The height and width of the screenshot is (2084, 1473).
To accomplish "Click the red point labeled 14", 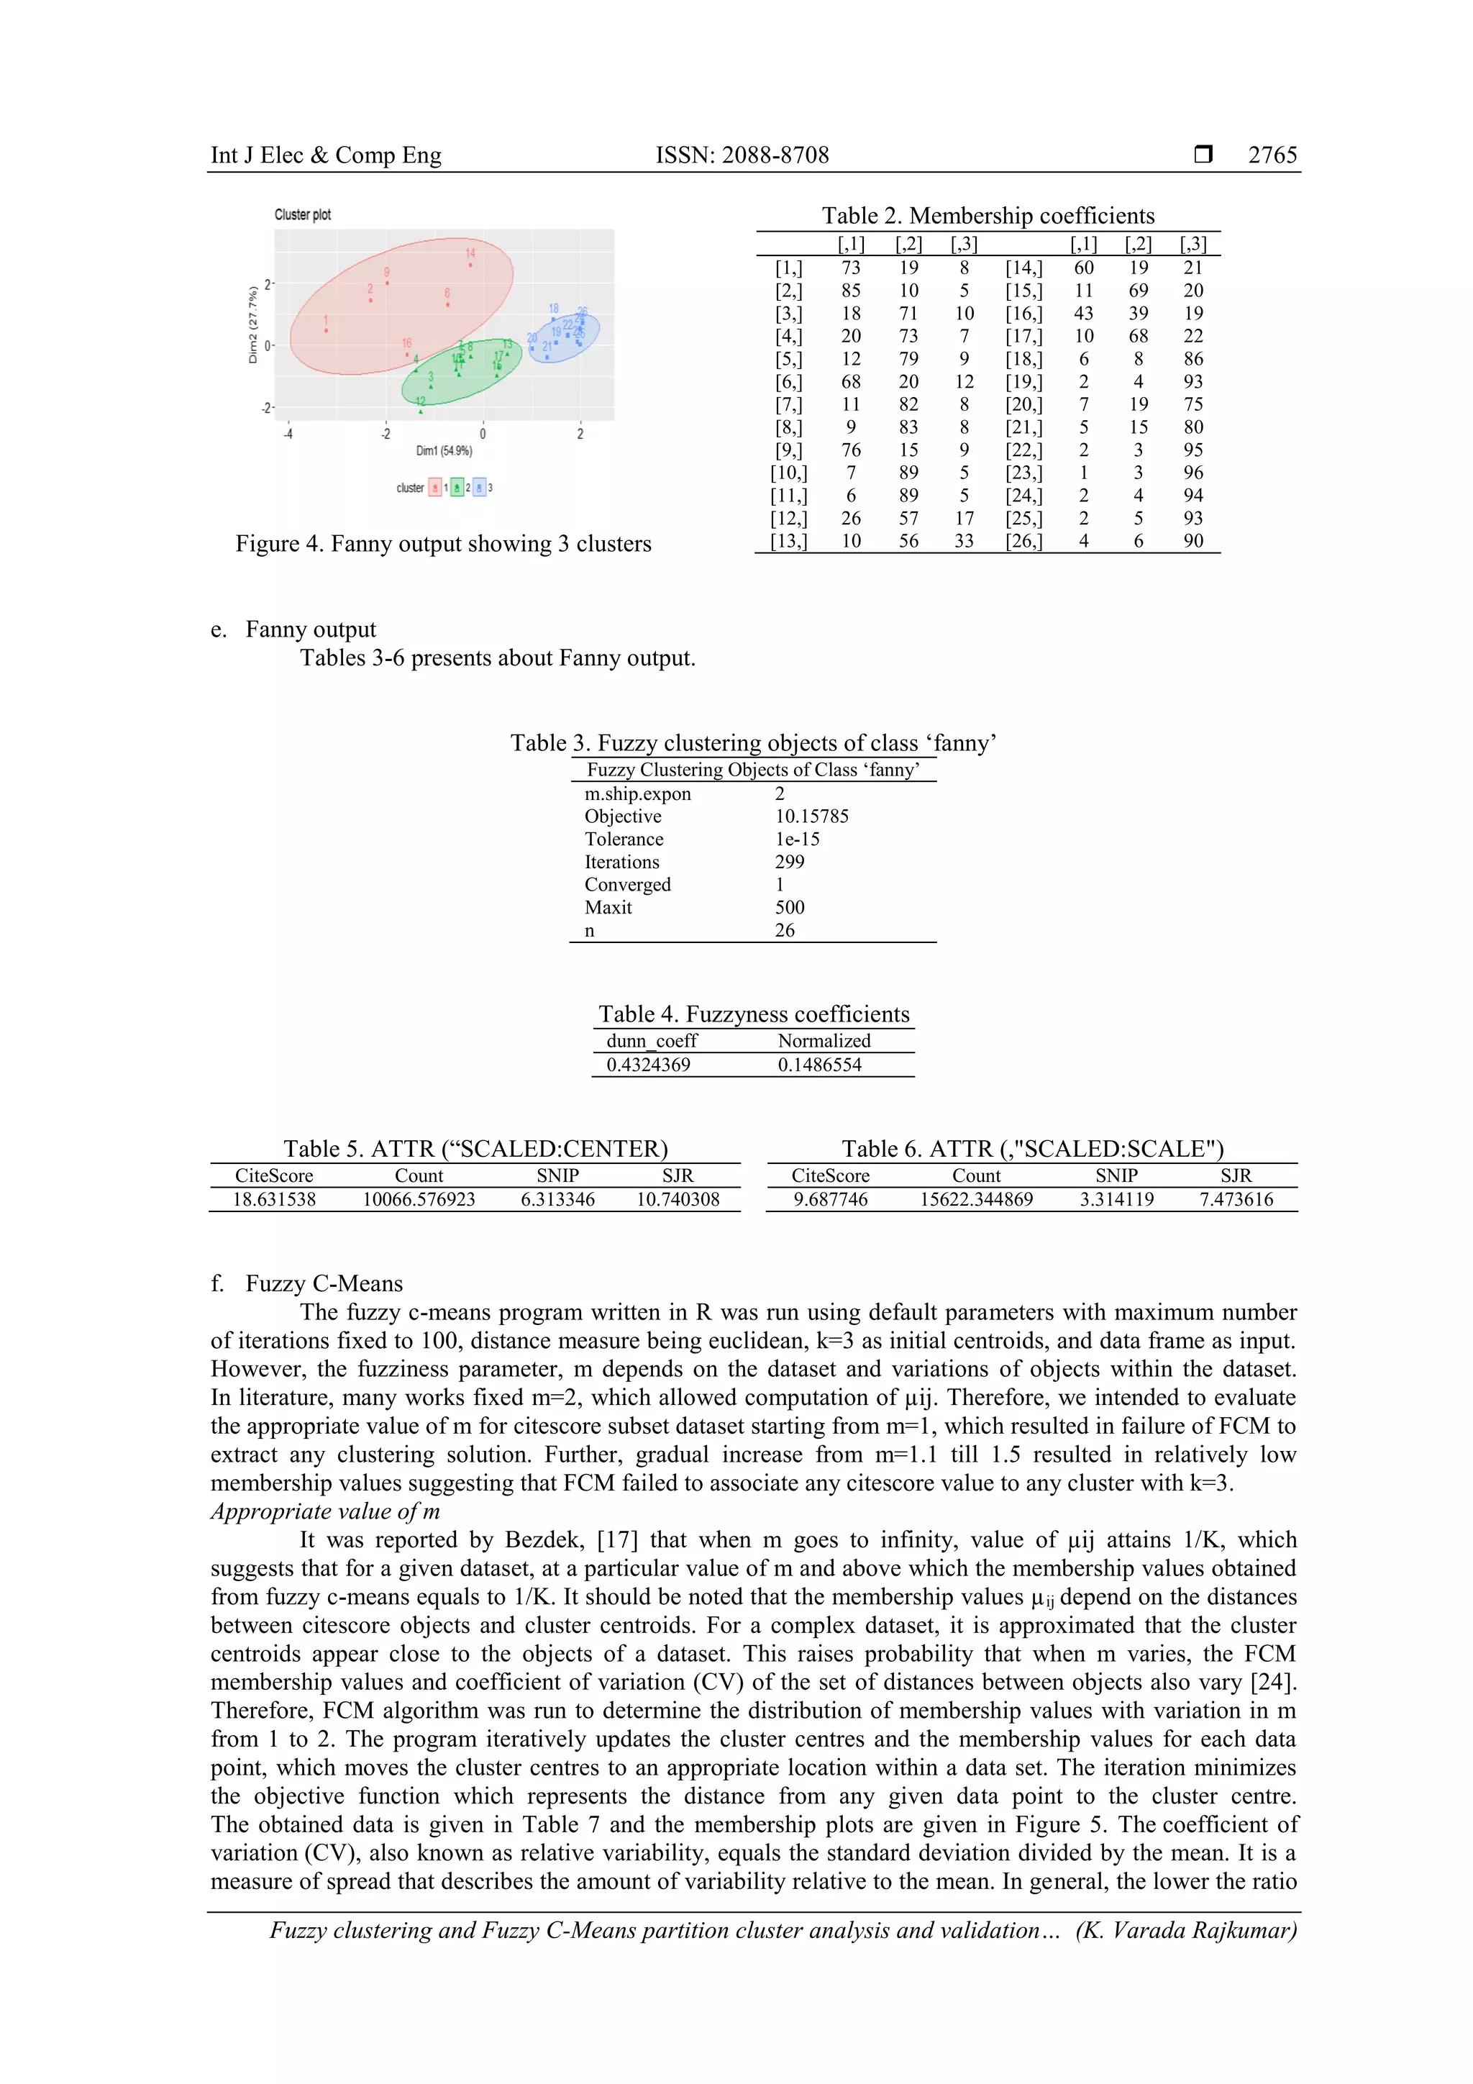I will pyautogui.click(x=470, y=265).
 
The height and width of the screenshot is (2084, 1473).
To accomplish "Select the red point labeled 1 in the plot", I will pyautogui.click(x=326, y=330).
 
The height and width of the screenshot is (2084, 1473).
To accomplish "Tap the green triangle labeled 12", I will pyautogui.click(x=420, y=411).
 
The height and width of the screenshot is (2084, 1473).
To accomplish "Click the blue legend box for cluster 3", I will pyautogui.click(x=479, y=488).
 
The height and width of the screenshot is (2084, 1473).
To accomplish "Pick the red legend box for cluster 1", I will pyautogui.click(x=434, y=488).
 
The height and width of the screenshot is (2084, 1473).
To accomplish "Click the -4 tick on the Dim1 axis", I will pyautogui.click(x=288, y=434).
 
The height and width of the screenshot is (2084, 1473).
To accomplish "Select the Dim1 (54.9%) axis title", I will pyautogui.click(x=444, y=450).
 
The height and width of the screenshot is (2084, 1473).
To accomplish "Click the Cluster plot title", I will pyautogui.click(x=302, y=214).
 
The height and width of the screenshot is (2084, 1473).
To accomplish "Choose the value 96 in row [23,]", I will pyautogui.click(x=1192, y=473).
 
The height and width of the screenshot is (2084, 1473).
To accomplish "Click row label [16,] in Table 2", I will pyautogui.click(x=1023, y=313).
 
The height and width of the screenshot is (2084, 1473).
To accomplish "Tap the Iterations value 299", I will pyautogui.click(x=790, y=861).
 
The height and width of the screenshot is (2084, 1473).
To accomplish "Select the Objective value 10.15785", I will pyautogui.click(x=811, y=816).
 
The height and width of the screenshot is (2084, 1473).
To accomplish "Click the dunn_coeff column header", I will pyautogui.click(x=651, y=1041).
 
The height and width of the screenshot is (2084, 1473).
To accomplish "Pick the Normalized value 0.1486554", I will pyautogui.click(x=818, y=1065).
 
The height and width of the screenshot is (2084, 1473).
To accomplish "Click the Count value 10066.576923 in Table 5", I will pyautogui.click(x=419, y=1199).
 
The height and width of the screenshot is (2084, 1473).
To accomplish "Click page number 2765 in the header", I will pyautogui.click(x=1272, y=155).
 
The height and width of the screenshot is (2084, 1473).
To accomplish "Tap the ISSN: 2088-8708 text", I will pyautogui.click(x=742, y=155).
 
